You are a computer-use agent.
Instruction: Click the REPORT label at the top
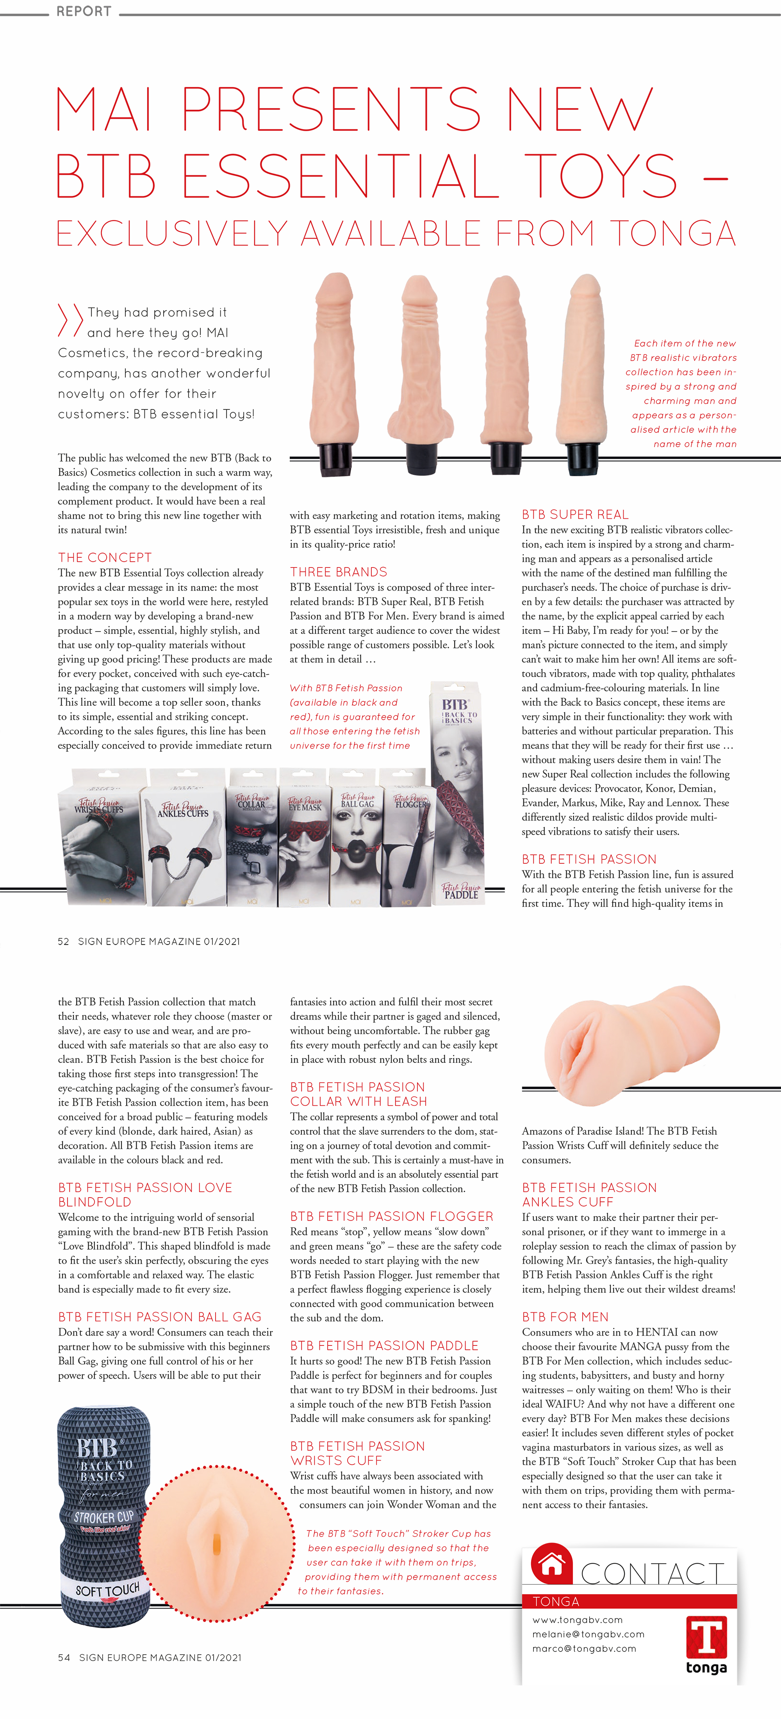click(x=84, y=11)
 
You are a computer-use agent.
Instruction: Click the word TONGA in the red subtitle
click(x=672, y=233)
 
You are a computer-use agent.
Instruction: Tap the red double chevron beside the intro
click(x=70, y=320)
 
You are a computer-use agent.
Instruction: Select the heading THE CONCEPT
click(x=105, y=557)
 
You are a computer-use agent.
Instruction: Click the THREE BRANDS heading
click(x=339, y=572)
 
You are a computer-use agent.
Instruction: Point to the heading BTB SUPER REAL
click(x=575, y=514)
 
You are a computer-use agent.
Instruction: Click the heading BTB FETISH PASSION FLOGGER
click(x=392, y=1217)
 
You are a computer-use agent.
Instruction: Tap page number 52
click(x=63, y=941)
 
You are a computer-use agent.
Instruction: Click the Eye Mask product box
click(x=304, y=838)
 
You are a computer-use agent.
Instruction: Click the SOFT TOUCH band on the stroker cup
click(x=107, y=1591)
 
